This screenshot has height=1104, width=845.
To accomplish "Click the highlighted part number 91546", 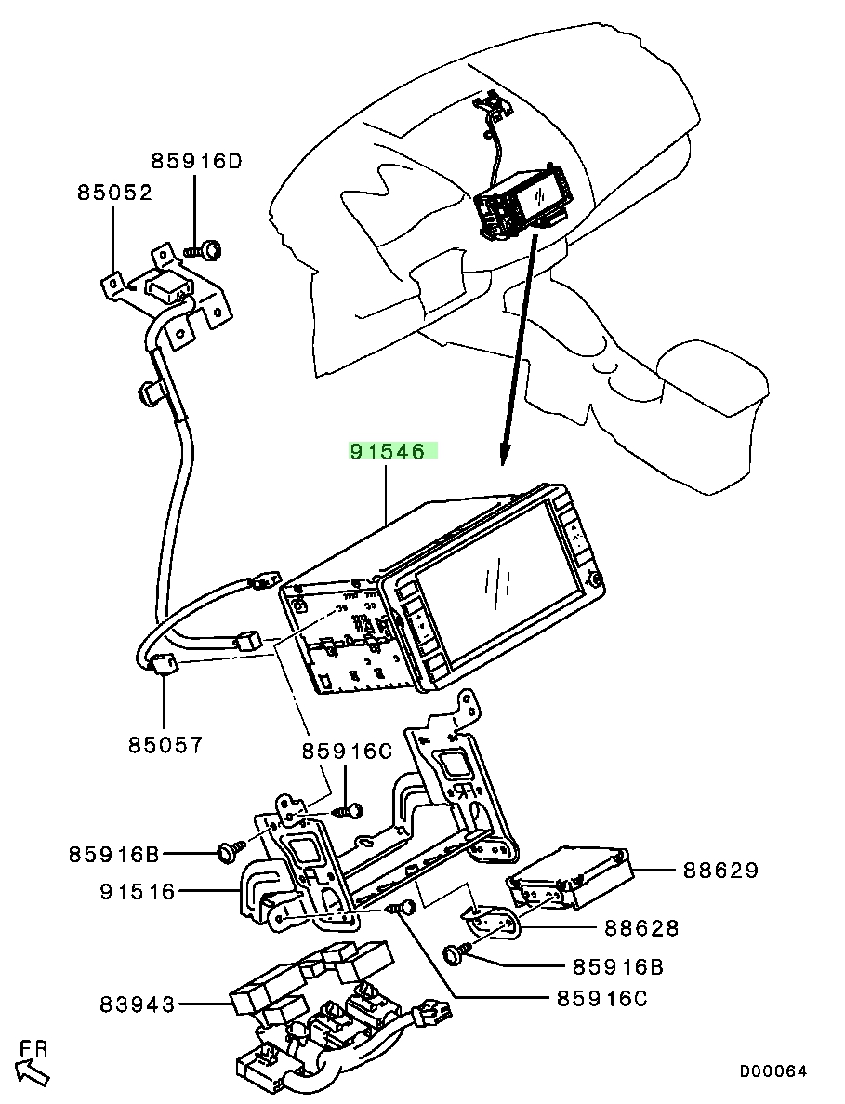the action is point(388,451).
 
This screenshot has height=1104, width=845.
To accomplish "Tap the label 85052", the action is point(114,193).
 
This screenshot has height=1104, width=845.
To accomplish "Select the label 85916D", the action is point(196,161).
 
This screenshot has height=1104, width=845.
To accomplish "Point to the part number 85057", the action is point(165,744).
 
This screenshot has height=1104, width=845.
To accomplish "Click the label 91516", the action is point(138,891).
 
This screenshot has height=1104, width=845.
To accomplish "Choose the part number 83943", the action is point(138,1004).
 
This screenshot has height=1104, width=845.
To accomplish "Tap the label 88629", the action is point(721,871).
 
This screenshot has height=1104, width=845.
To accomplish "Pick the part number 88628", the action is point(642,928).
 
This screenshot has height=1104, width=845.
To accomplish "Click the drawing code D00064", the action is point(772,1071).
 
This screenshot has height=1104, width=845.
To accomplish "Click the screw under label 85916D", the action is point(203,249).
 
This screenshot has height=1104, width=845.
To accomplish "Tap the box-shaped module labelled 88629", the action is point(570,876).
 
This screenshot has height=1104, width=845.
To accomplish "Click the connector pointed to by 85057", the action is point(164,662).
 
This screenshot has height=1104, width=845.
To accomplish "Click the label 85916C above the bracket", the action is point(347,752).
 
